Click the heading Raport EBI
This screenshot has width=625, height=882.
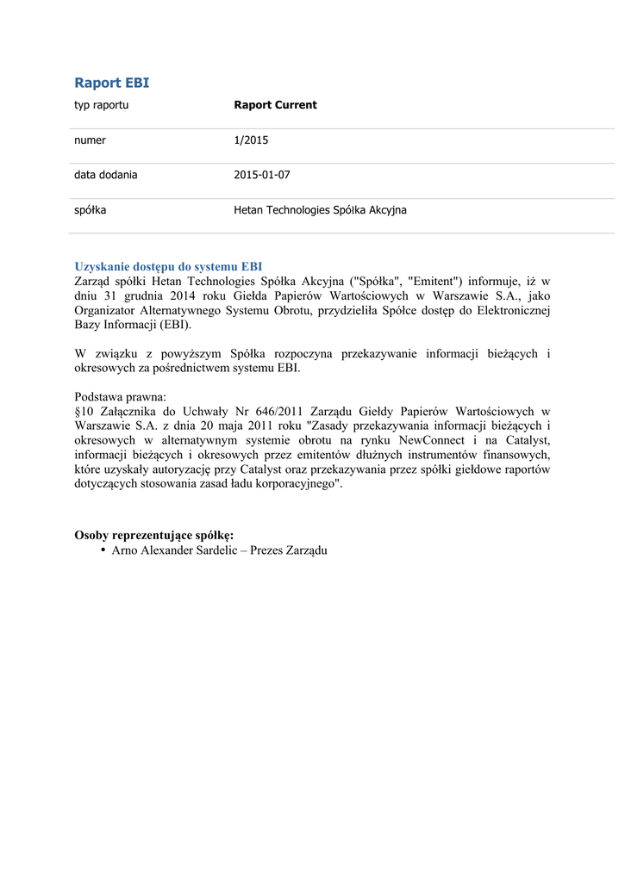[x=111, y=83]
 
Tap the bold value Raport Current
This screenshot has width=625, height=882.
[x=275, y=105]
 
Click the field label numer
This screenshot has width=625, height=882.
[x=90, y=140]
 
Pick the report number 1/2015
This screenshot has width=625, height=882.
[x=251, y=140]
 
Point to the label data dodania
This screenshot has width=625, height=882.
[x=105, y=175]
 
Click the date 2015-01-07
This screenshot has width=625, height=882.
[x=262, y=175]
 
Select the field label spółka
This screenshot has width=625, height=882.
[x=90, y=210]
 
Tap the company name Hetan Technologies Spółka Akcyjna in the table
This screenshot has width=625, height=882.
[x=320, y=210]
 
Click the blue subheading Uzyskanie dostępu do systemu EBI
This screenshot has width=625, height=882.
[x=168, y=267]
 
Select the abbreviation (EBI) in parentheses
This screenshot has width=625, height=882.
[x=175, y=325]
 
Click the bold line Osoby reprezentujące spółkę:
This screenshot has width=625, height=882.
[x=153, y=535]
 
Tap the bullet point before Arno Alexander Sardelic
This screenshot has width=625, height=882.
[x=103, y=550]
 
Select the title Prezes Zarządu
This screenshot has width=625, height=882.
[x=289, y=550]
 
